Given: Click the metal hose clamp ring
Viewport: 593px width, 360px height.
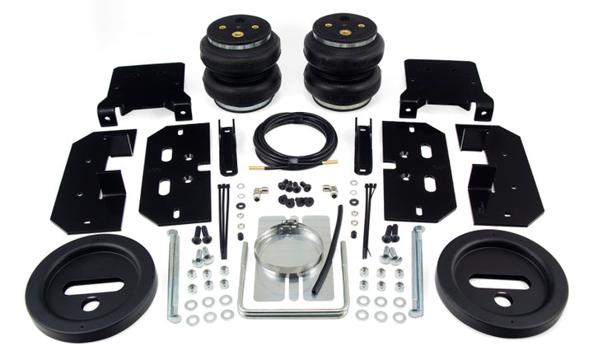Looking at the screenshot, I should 288,247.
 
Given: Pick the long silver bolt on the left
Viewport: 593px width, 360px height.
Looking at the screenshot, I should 172,275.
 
